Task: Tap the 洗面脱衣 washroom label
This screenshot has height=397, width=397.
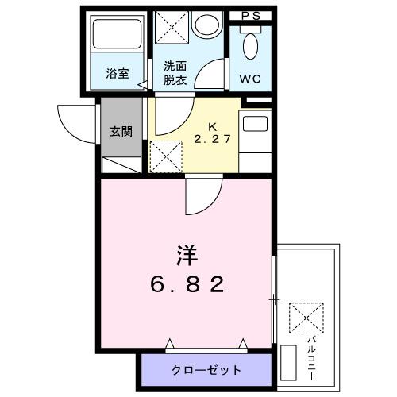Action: tap(175, 73)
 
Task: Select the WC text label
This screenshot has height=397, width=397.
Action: tap(249, 78)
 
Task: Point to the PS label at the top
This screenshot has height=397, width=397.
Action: tap(250, 16)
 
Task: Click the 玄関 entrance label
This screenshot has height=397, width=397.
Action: tap(117, 130)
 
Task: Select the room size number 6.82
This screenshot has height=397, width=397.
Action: tap(188, 283)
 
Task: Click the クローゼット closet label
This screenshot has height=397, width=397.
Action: tap(207, 370)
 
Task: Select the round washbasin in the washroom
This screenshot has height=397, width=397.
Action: tap(207, 25)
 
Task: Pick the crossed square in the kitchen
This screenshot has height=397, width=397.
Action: tap(165, 155)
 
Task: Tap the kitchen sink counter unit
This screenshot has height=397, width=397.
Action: tap(256, 140)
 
